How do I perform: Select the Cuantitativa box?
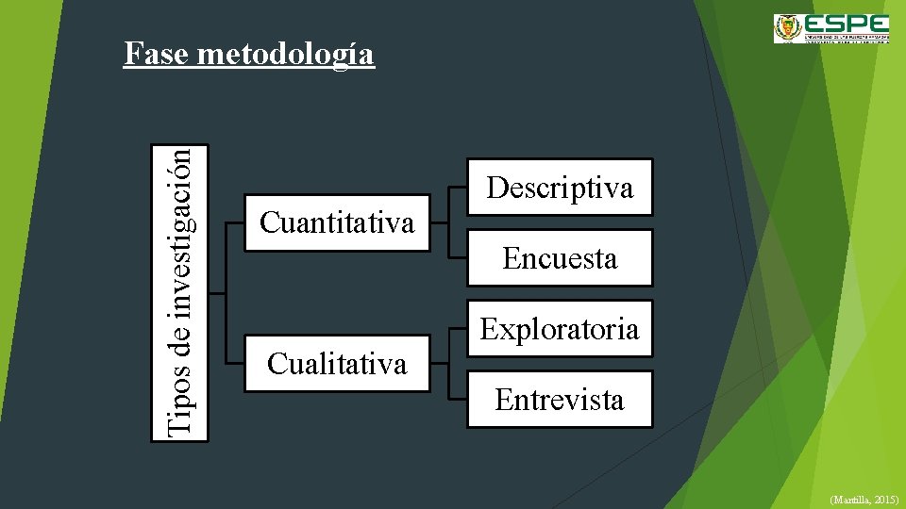coord(337,222)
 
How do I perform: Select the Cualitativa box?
coord(337,363)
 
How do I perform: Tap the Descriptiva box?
coord(560,187)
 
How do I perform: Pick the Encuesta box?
coord(560,257)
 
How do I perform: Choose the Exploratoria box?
coord(560,328)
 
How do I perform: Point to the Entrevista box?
coord(560,399)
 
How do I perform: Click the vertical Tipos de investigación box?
coord(180,292)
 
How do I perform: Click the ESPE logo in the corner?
coord(830,28)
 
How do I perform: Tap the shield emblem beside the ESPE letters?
coord(787,28)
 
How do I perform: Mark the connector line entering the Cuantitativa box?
coord(236,222)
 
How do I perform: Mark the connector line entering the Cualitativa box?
coord(236,363)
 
